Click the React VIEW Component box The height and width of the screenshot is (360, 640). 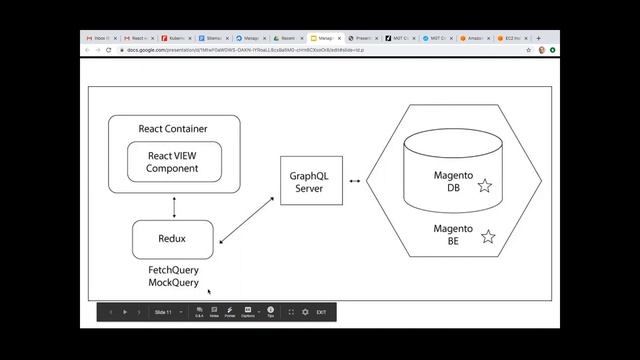coord(173,162)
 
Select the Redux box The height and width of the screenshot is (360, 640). coord(173,239)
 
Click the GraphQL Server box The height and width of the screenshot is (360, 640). coord(309,181)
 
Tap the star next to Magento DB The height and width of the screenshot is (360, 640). coord(484,186)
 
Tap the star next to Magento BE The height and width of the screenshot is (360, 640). coord(488,237)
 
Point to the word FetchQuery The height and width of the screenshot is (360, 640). coord(173,270)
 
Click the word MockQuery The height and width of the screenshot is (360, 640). coord(173,283)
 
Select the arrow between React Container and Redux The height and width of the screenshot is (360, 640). coord(174,206)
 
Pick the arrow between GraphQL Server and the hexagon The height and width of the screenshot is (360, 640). coord(355,181)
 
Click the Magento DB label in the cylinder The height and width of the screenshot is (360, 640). coord(453,181)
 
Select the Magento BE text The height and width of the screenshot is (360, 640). coord(453,235)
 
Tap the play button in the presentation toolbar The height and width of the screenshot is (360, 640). coord(125,312)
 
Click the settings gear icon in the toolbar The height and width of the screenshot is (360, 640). coord(306,312)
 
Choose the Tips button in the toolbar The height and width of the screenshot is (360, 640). coord(270,312)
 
